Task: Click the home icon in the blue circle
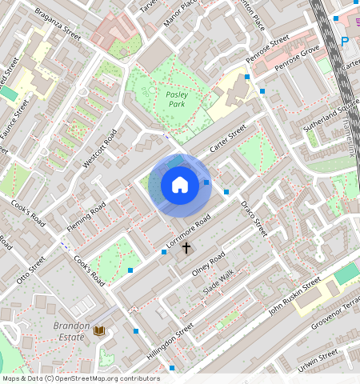point(180,186)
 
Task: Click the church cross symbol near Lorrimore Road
point(186,248)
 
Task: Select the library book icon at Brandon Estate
point(99,330)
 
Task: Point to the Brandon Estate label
point(69,331)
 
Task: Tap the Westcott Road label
point(100,148)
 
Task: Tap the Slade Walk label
point(218,282)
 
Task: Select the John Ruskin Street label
point(294,294)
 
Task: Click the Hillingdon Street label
point(170,342)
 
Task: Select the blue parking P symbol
point(345,42)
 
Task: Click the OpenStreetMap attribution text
point(81,378)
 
